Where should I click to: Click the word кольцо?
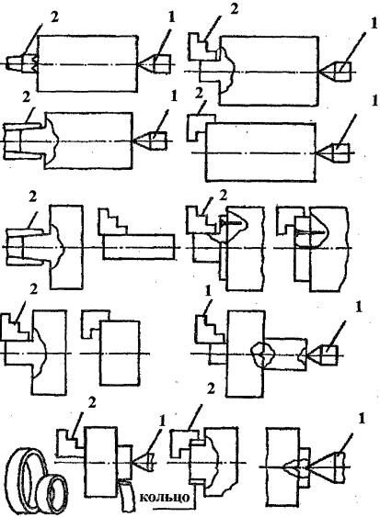(x=164, y=497)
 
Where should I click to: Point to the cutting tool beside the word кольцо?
(x=125, y=496)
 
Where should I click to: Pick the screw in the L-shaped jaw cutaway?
(x=310, y=232)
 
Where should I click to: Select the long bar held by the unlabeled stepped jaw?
(x=139, y=247)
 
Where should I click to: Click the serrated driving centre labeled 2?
(x=22, y=63)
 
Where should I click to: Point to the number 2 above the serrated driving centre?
(x=54, y=17)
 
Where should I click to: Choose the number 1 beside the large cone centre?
(x=362, y=419)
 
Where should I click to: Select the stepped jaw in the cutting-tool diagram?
(x=70, y=443)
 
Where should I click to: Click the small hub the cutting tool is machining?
(x=125, y=462)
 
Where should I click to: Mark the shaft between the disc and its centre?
(x=286, y=354)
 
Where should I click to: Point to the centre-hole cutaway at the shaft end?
(x=303, y=354)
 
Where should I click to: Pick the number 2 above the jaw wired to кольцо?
(x=211, y=389)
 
